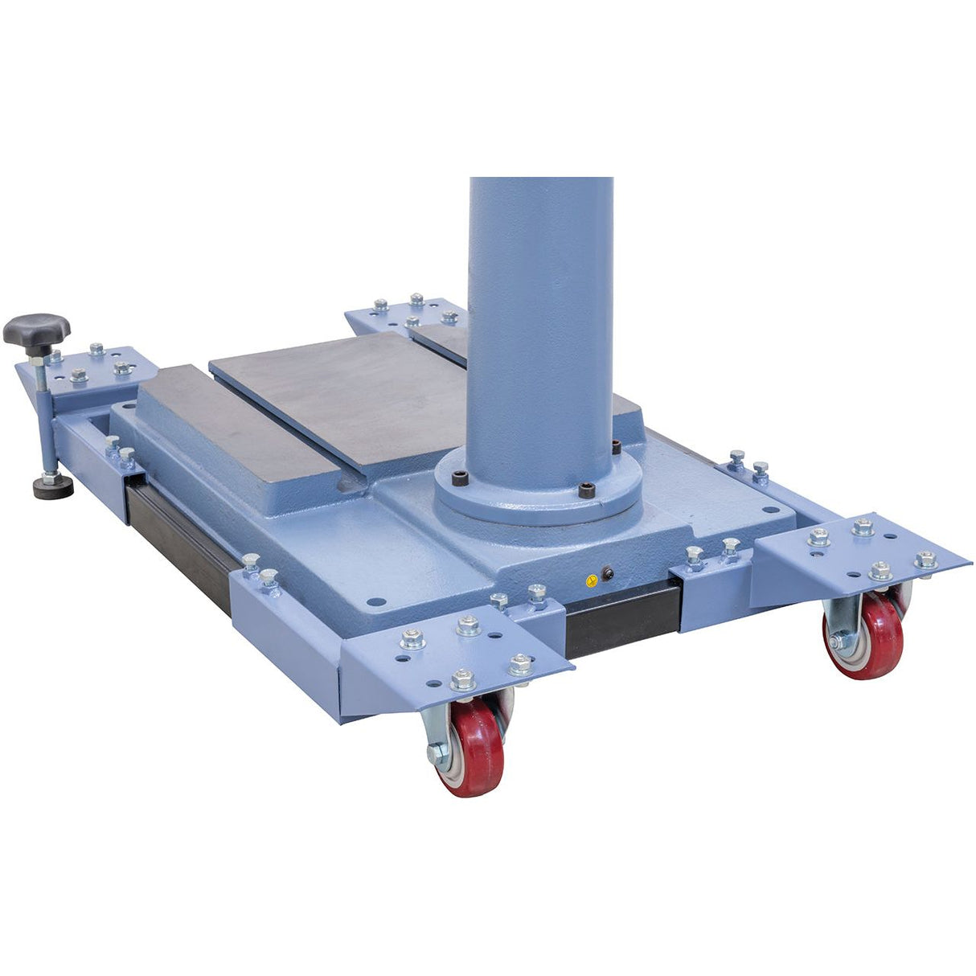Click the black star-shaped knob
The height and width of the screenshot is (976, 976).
point(36,329)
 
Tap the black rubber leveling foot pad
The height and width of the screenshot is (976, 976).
point(53,486)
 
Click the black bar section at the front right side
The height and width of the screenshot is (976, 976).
point(623,618)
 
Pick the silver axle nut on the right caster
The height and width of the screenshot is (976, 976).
point(836,642)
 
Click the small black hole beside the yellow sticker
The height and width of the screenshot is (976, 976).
point(607,573)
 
